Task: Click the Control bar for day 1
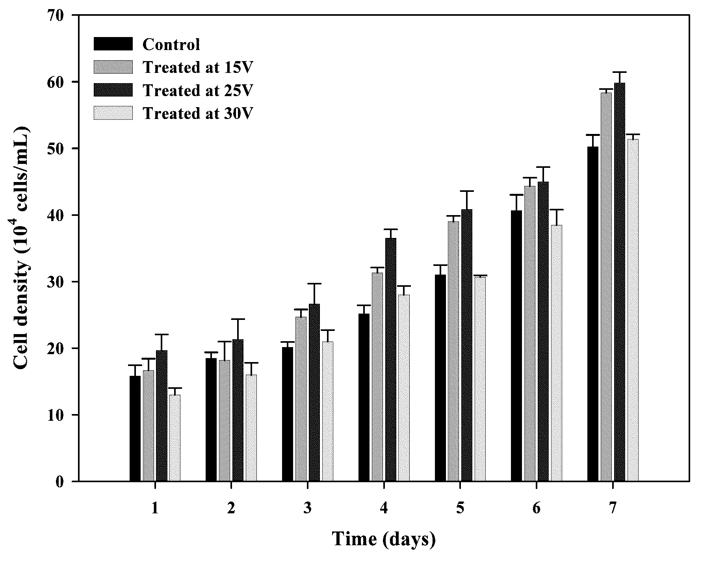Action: [x=135, y=428]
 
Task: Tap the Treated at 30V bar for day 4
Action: [x=404, y=388]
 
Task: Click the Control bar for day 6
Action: [x=516, y=346]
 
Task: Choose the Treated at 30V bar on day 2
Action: [x=251, y=428]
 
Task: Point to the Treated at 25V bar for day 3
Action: [x=314, y=392]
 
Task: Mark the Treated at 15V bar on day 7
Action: [x=606, y=287]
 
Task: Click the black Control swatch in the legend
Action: [x=113, y=44]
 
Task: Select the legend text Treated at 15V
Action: [x=197, y=67]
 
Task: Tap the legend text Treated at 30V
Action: [x=197, y=113]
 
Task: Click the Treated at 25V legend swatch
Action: [x=113, y=90]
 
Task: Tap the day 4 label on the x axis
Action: [x=384, y=509]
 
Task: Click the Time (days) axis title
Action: [x=384, y=539]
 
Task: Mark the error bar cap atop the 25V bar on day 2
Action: [x=238, y=319]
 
